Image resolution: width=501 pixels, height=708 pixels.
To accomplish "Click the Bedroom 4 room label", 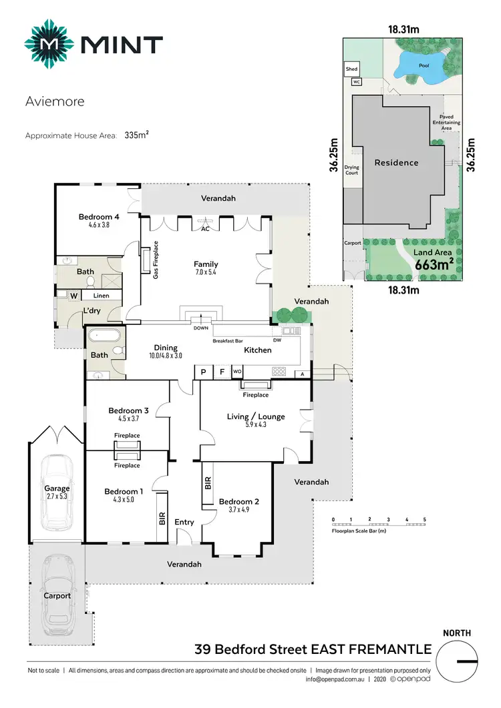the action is [x=99, y=217].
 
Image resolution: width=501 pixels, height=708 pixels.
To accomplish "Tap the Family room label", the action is [x=206, y=264].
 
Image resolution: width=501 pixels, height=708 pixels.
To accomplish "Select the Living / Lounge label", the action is [x=256, y=416].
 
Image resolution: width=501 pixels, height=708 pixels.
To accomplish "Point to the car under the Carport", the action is [x=57, y=596].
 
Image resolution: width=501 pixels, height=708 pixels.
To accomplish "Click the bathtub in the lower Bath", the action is [x=99, y=337].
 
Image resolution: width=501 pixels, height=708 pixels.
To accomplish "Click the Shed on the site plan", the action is [x=351, y=69].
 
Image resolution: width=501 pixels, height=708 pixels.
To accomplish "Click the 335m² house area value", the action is [x=136, y=135].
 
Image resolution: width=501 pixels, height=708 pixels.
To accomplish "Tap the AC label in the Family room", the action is [x=206, y=228].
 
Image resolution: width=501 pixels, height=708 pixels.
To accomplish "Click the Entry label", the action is [x=184, y=522].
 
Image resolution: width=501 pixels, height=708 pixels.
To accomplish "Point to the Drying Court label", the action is [x=351, y=170].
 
